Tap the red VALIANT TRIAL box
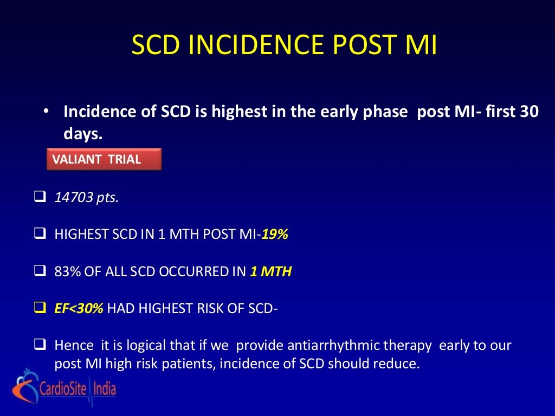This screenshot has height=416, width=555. point(104,160)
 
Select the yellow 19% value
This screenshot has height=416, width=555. point(275,235)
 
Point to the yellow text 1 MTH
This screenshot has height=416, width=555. point(270,272)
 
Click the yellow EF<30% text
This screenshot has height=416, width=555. point(79,309)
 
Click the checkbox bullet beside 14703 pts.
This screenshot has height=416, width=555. point(39,197)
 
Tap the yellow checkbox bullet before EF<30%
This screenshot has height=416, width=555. point(39,309)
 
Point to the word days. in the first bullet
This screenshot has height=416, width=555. point(83,135)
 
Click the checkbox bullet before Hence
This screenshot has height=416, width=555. point(39,344)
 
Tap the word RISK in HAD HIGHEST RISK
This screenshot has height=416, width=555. point(212,309)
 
